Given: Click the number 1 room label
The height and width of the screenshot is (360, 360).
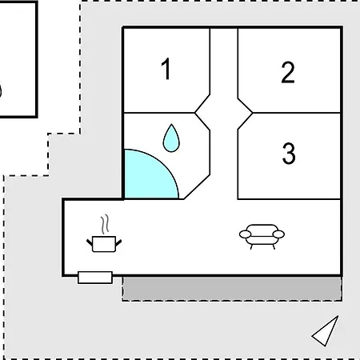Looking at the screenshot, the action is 166,69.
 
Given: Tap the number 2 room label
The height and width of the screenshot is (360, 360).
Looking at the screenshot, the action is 288,72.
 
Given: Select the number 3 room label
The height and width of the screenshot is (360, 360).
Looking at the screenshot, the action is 289,153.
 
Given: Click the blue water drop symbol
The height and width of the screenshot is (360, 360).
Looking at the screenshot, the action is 171,138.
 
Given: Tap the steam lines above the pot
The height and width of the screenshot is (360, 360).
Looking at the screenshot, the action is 105,224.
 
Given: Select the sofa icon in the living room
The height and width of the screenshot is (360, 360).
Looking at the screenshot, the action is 262,237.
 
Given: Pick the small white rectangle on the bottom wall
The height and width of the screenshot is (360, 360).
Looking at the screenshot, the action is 95,278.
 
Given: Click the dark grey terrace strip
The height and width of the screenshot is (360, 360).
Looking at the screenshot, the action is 232,289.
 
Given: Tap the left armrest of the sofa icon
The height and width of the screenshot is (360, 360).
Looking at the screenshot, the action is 245,234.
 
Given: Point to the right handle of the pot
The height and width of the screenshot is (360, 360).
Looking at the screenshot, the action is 118,242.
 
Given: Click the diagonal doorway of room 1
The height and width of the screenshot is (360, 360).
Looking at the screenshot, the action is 202,103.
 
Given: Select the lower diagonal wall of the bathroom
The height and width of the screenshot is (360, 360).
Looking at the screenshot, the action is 197,186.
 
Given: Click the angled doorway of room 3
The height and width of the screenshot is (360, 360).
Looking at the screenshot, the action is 245,122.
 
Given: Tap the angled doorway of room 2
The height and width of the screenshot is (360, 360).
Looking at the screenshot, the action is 245,106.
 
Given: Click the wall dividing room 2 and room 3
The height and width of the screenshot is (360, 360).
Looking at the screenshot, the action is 297,113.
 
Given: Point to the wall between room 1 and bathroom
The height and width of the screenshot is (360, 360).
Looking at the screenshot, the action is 159,113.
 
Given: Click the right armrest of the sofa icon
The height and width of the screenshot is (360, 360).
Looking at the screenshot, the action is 278,234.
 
